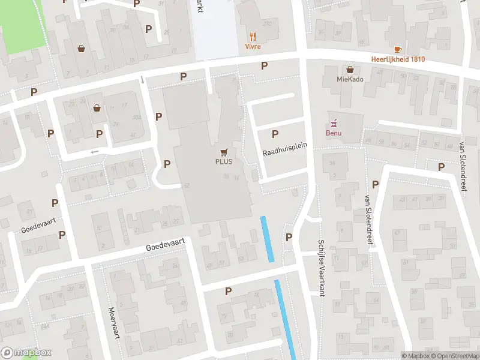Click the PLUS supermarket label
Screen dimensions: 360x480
click(x=224, y=161)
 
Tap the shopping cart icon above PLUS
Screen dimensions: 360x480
click(x=224, y=152)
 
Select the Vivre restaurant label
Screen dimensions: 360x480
click(x=253, y=47)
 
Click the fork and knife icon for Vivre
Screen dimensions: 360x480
click(x=253, y=37)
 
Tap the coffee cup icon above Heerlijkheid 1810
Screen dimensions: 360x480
click(x=397, y=49)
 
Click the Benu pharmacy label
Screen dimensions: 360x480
click(x=334, y=133)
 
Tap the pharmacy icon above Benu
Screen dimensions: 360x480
click(x=334, y=123)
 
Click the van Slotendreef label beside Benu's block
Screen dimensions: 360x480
click(x=367, y=218)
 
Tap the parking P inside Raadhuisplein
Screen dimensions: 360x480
click(x=275, y=134)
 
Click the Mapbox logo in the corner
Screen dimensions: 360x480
click(x=26, y=353)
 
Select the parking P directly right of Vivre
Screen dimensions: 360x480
click(x=263, y=65)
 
